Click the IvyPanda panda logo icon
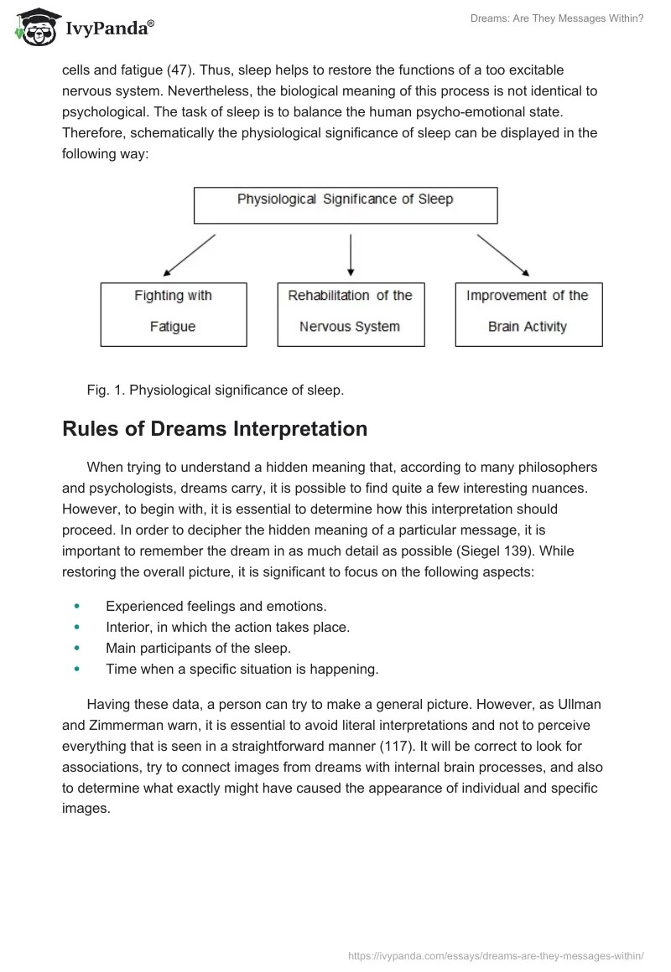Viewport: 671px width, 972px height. click(x=34, y=28)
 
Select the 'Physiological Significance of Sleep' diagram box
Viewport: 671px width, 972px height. click(x=346, y=204)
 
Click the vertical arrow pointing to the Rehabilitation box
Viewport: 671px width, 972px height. click(x=351, y=255)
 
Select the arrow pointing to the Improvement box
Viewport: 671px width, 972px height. click(x=502, y=255)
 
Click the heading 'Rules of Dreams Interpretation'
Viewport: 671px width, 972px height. click(x=215, y=429)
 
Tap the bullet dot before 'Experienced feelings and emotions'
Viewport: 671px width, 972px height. click(x=78, y=605)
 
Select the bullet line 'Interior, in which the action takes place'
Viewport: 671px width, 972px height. click(x=227, y=627)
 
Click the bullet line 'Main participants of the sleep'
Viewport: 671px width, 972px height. click(x=198, y=648)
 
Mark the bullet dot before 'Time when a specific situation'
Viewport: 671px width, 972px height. click(x=78, y=669)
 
